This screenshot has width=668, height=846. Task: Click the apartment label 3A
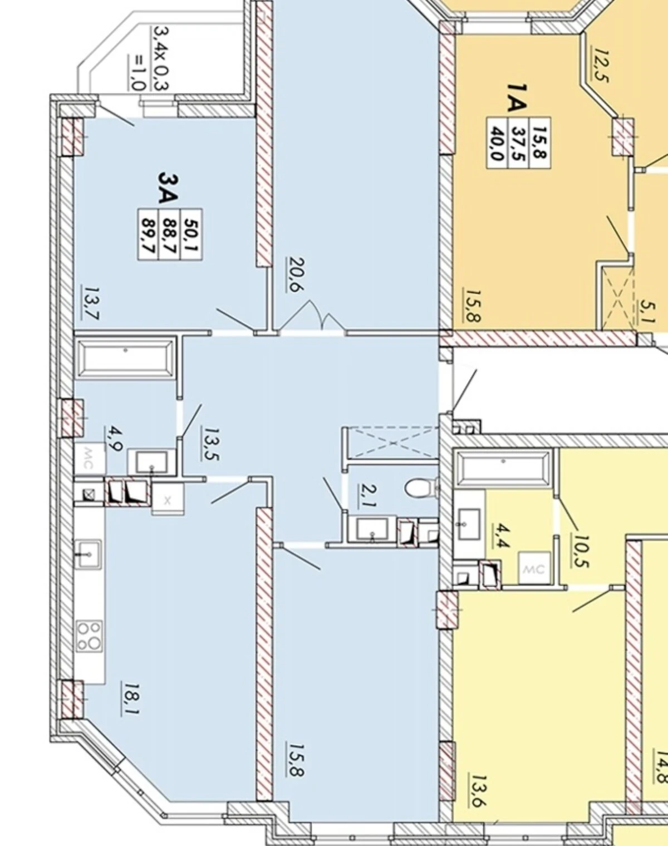168,188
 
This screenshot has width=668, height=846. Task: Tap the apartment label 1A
515,98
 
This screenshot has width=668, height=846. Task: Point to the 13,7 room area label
90,303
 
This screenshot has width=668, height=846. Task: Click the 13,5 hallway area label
210,444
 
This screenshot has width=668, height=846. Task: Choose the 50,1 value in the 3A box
191,234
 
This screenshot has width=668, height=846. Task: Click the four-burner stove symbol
89,636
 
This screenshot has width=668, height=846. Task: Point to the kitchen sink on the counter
90,554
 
